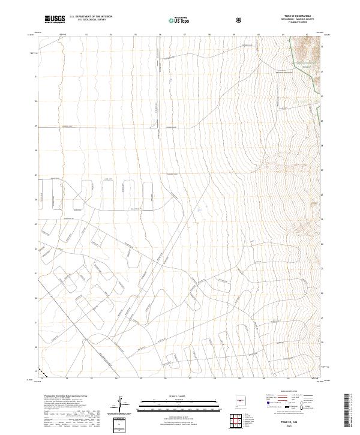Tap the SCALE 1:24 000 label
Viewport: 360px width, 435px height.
[173, 394]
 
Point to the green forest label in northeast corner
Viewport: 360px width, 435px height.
[304, 62]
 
